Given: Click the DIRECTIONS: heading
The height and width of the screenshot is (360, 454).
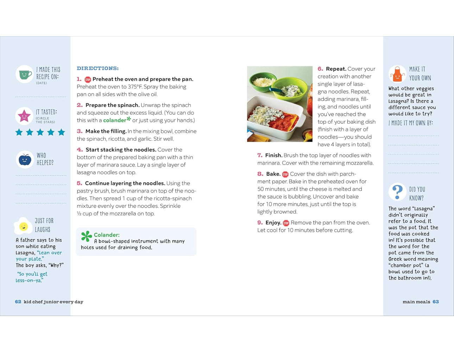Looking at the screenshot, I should tap(97, 68).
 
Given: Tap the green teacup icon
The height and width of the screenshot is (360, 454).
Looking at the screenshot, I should tap(24, 74).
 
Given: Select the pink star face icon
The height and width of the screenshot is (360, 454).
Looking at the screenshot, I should tap(24, 116).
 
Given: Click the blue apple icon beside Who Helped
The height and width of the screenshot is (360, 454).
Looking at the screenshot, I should tap(25, 160).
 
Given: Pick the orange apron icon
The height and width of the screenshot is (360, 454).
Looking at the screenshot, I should tap(397, 74).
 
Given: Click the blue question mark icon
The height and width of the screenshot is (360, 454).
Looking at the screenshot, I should tap(397, 192).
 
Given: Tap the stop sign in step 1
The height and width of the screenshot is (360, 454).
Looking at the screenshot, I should tap(88, 79).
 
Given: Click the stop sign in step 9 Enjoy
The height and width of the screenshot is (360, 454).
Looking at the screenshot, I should tap(286, 223).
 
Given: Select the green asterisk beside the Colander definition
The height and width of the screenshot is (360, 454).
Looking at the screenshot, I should tap(86, 236).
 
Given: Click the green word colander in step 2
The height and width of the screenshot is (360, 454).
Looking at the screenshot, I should tap(114, 120).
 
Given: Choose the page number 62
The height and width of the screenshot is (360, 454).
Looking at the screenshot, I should tap(18, 302).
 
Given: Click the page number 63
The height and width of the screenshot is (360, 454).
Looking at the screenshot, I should tap(436, 302).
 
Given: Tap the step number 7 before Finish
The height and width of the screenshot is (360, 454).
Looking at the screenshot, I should tap(260, 155).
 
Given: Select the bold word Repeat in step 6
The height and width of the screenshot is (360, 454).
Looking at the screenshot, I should tap(336, 69).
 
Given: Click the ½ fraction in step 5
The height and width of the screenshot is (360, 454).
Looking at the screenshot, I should tap(79, 214).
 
